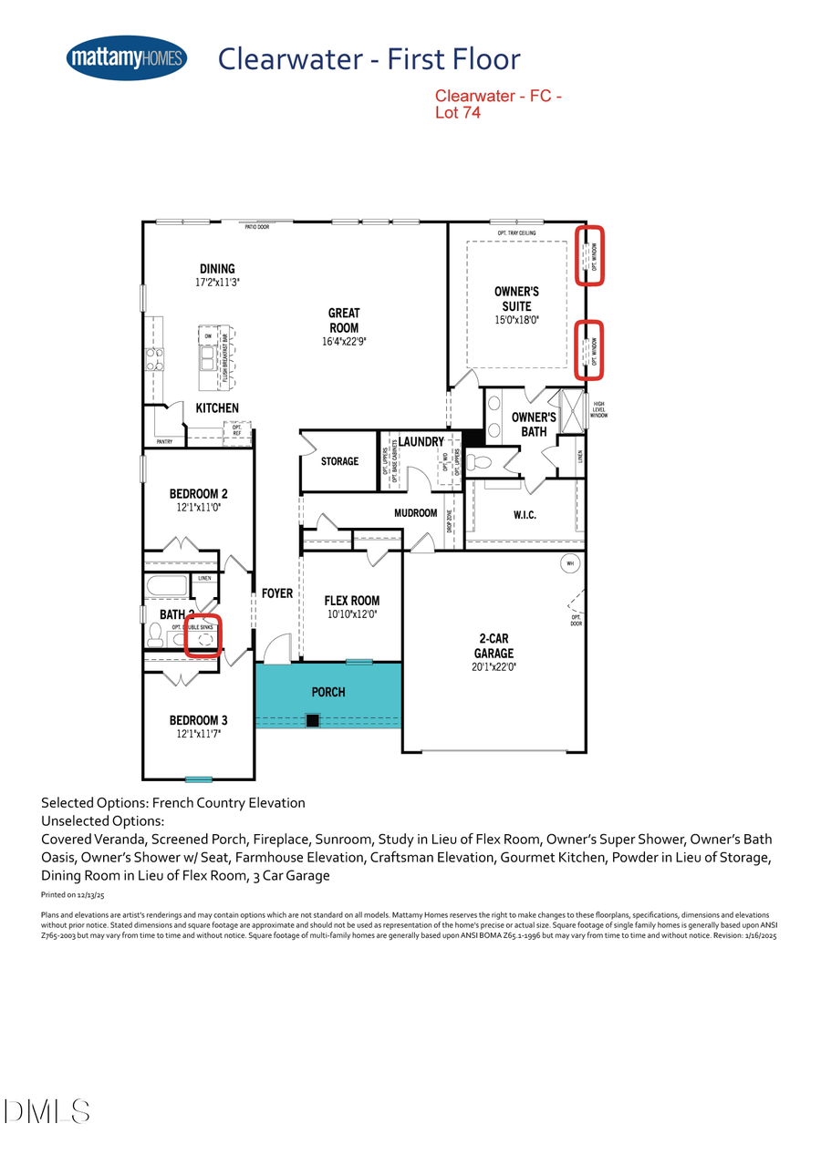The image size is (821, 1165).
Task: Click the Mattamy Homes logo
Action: [127, 59]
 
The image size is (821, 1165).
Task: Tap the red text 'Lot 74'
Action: [457, 114]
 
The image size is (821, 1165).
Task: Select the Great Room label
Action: [344, 320]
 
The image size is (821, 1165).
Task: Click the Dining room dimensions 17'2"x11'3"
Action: [217, 283]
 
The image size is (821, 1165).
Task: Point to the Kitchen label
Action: [217, 408]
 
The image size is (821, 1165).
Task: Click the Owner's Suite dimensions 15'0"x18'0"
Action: [516, 321]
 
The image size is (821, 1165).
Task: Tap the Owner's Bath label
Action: [534, 424]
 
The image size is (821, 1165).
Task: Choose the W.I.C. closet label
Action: [525, 515]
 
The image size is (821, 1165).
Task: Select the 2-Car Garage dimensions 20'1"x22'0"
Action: [493, 667]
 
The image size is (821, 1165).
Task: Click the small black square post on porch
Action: [313, 721]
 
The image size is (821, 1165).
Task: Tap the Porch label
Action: [328, 692]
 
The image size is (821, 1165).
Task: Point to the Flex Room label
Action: [352, 601]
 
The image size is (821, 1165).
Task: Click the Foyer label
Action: [277, 593]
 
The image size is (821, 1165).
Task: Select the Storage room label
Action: [339, 462]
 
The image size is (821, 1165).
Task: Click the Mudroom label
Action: [415, 513]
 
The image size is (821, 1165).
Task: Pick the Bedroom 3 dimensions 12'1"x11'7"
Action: [198, 733]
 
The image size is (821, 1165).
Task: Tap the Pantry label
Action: [164, 442]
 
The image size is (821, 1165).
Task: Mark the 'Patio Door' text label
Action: [256, 228]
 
